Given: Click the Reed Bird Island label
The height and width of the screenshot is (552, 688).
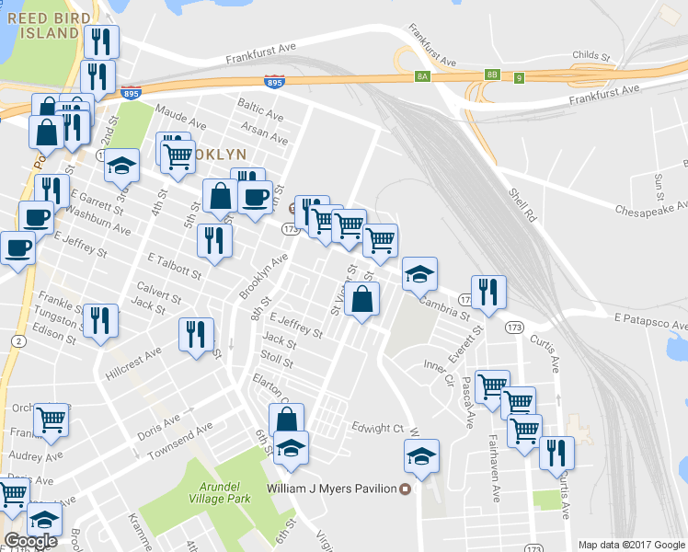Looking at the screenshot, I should pyautogui.click(x=40, y=25).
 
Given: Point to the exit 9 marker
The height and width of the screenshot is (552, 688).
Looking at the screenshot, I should pyautogui.click(x=520, y=76).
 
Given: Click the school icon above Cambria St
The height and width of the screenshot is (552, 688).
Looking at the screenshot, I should pyautogui.click(x=420, y=272).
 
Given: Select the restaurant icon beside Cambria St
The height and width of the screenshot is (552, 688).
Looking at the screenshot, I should pyautogui.click(x=488, y=292).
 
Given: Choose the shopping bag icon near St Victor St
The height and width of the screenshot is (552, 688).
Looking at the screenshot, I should pyautogui.click(x=363, y=298).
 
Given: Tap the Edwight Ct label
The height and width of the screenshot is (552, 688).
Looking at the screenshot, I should pyautogui.click(x=377, y=428).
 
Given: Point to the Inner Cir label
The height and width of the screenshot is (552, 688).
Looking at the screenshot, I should pyautogui.click(x=441, y=372).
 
